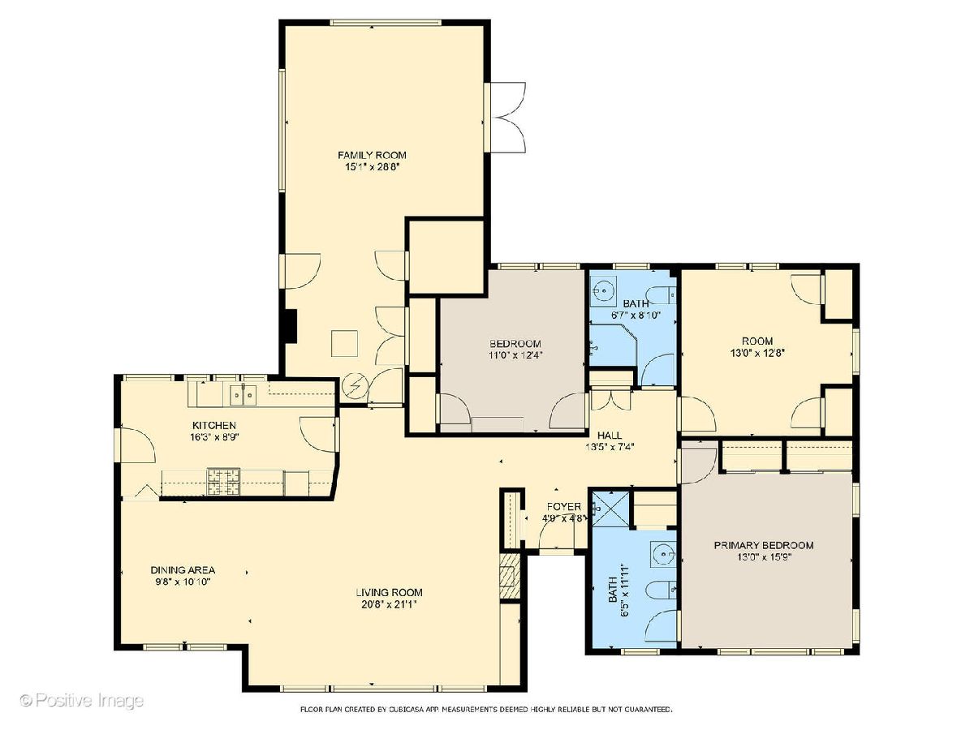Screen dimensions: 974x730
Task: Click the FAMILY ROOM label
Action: pos(372,156)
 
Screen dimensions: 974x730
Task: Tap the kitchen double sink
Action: pos(243,394)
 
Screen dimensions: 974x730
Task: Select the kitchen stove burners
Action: pos(224,481)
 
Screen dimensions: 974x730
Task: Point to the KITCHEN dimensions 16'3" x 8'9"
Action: pos(215,437)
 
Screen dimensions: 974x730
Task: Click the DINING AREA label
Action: pos(183,570)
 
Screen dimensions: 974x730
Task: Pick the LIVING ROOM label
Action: pos(389,592)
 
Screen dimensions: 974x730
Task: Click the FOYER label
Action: pos(563,507)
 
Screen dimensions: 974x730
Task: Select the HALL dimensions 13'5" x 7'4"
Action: pos(610,447)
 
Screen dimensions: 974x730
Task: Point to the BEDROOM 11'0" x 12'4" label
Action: pos(515,350)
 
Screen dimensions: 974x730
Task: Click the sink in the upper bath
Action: pos(603,290)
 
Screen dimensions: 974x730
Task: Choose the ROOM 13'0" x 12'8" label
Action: pos(757,347)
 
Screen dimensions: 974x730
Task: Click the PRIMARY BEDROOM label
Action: pos(764,545)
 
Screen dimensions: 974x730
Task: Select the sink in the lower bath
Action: pos(663,554)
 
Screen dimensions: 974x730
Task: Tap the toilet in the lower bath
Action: pos(662,590)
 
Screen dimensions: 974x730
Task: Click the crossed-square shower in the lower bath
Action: pos(611,509)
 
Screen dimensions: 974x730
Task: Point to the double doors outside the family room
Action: pos(509,118)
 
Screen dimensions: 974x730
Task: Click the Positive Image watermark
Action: pos(82,700)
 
